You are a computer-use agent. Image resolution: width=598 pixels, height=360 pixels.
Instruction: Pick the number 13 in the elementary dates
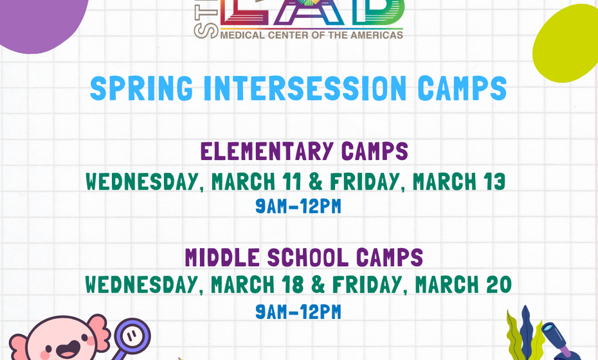[x=493, y=183]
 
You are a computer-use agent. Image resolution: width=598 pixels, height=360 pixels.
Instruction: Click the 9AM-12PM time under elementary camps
[x=298, y=207]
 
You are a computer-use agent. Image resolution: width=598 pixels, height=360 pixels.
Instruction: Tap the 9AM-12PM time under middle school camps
[x=298, y=312]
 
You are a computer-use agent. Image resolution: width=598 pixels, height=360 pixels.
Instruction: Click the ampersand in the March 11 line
[x=316, y=183]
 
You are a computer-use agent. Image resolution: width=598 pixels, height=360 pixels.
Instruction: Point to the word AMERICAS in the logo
[x=376, y=35]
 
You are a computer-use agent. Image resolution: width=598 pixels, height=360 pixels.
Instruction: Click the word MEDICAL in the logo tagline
[x=241, y=35]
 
